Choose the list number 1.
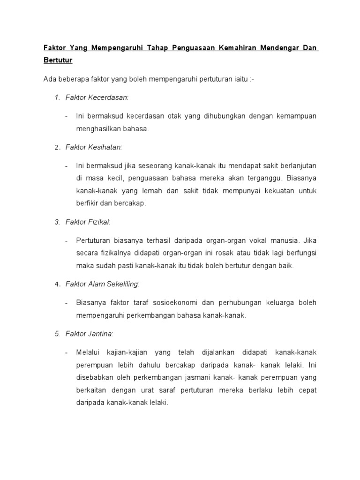pyautogui.click(x=57, y=97)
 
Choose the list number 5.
pyautogui.click(x=57, y=334)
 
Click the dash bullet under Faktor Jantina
pyautogui.click(x=67, y=352)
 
